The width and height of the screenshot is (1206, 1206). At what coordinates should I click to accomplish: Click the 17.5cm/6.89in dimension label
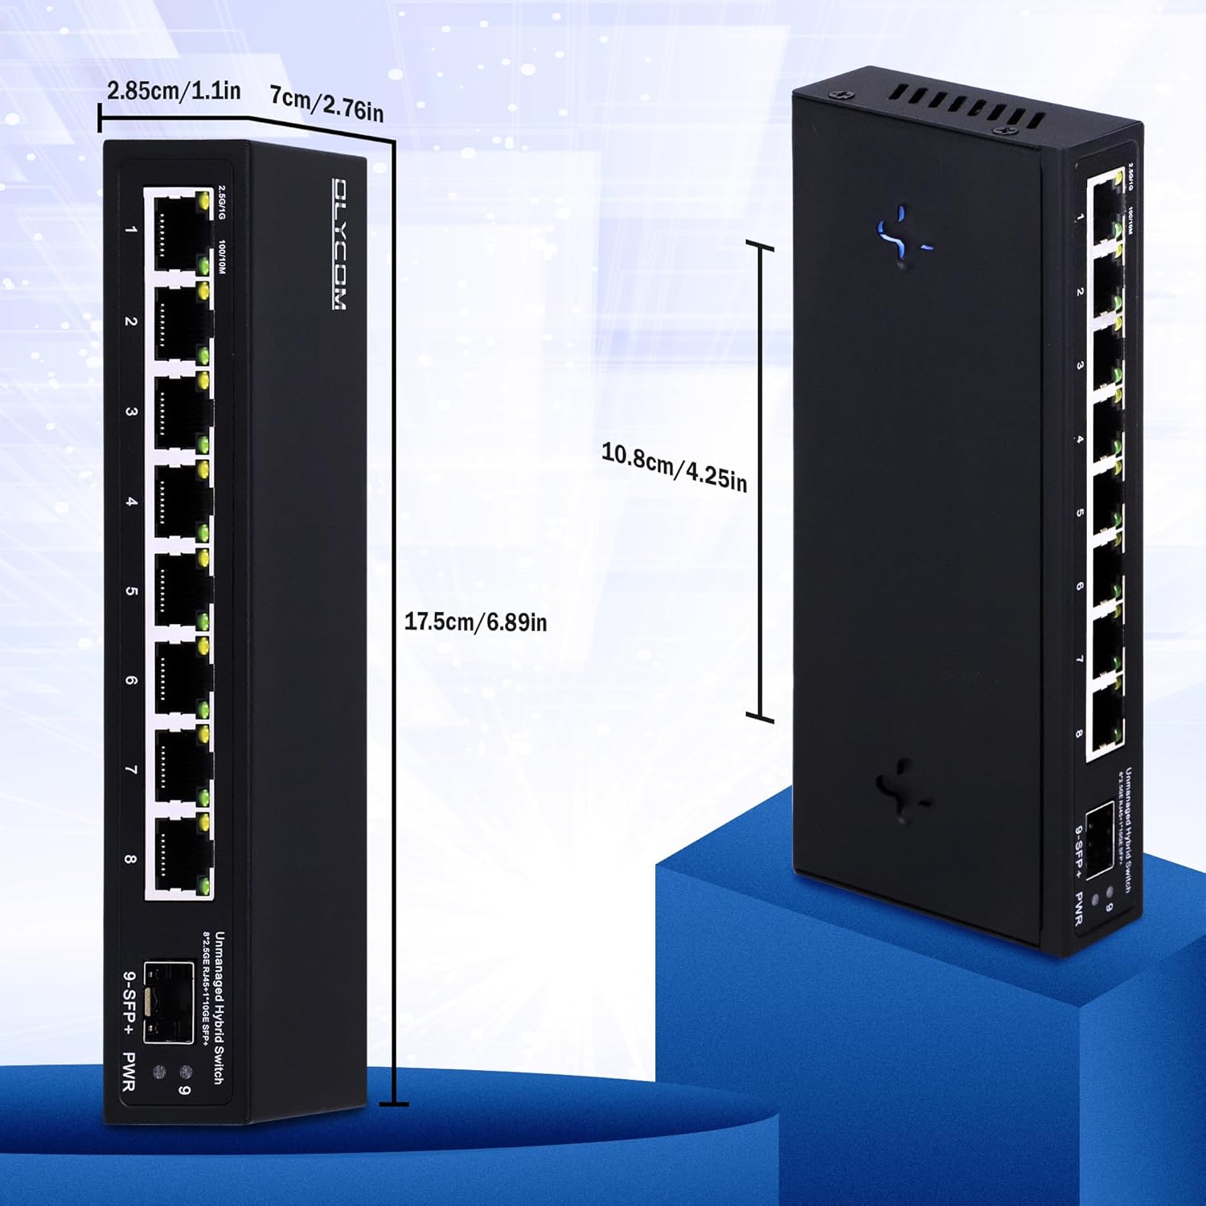coord(475,621)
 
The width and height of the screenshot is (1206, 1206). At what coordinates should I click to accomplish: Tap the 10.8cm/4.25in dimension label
coord(674,466)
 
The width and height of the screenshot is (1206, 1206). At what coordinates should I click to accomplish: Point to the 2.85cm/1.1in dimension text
coord(174,90)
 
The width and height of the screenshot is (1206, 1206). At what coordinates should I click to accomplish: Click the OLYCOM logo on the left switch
coord(340,244)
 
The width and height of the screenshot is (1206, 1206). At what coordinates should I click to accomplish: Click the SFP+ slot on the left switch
coord(168,1002)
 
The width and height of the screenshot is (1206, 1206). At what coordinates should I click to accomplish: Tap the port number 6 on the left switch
coord(130,680)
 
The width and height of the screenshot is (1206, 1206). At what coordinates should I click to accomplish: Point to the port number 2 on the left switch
coord(130,322)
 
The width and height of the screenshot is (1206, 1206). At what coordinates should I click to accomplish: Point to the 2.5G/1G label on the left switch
coord(222,201)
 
